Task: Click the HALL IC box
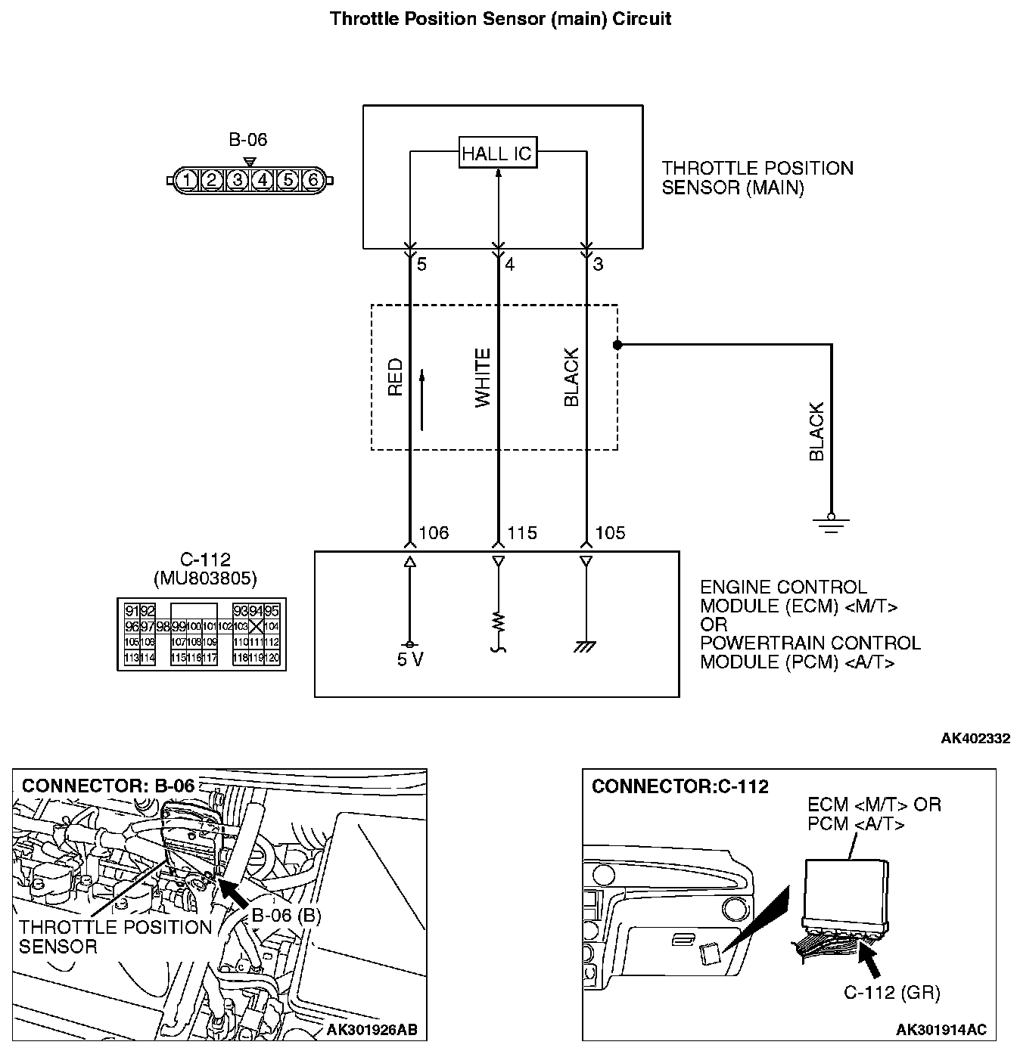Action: pos(497,153)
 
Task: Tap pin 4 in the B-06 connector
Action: pos(262,180)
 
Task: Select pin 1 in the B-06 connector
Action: pos(187,180)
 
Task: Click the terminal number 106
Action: pos(434,533)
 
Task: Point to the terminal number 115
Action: pos(522,533)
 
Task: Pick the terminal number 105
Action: pos(611,533)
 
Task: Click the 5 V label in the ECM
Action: pos(410,660)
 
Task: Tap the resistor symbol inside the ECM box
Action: pos(498,622)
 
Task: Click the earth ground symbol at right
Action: pos(831,524)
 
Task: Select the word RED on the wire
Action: pos(395,377)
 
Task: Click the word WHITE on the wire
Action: pos(483,378)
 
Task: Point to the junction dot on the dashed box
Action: pos(617,345)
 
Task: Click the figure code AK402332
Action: pos(975,738)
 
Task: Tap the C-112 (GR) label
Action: pos(891,992)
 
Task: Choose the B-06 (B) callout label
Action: pos(286,916)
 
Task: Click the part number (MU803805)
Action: pos(204,580)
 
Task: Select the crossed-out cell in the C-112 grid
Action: pos(256,626)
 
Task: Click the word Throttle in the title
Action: pos(363,18)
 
